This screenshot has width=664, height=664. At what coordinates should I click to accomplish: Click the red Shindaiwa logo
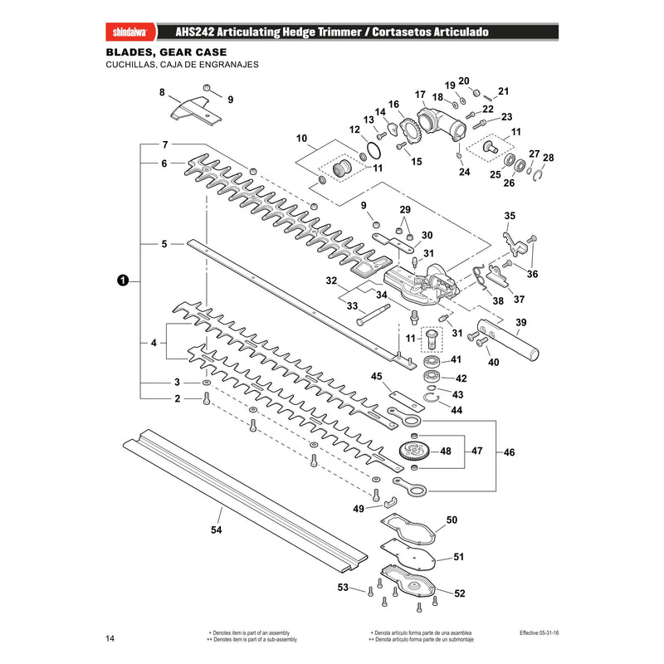tap(130, 32)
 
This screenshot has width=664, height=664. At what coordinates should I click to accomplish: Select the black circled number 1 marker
tap(122, 281)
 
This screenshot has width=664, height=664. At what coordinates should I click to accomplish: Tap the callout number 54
tap(216, 530)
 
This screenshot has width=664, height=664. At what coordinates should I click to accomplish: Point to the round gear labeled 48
tap(414, 452)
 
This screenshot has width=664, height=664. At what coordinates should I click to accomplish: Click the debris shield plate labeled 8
tap(196, 110)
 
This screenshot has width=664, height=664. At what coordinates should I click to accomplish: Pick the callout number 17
tap(420, 95)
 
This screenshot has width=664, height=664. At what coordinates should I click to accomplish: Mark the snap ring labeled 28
tap(538, 175)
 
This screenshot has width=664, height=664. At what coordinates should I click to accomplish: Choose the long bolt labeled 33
tap(373, 315)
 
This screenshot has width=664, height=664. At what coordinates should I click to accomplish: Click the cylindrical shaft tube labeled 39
tap(508, 339)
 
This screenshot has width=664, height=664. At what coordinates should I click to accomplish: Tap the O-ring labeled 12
tap(373, 150)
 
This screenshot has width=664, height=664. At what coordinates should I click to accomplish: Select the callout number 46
tap(509, 452)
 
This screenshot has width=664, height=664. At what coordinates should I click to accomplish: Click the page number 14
tap(110, 638)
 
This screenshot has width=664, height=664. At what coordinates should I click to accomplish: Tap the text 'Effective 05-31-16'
tap(539, 632)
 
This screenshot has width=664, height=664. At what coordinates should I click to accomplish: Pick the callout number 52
tap(460, 593)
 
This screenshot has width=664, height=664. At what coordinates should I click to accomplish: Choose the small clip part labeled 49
tap(390, 502)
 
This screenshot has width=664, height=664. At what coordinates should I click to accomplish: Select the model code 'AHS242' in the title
tap(194, 32)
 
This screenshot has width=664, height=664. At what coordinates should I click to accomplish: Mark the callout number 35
tap(510, 216)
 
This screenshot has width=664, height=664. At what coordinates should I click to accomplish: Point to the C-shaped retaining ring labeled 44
tap(432, 398)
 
